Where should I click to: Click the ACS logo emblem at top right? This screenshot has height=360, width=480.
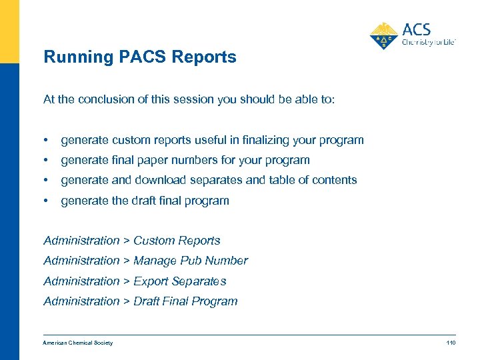[x=383, y=35]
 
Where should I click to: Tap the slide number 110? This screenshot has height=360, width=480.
[x=451, y=343]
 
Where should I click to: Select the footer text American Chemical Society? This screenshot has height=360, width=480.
[x=78, y=343]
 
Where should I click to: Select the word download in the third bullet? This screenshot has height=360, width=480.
[x=163, y=180]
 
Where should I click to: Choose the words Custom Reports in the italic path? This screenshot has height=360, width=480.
[x=177, y=241]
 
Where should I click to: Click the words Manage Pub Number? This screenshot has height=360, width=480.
[x=191, y=261]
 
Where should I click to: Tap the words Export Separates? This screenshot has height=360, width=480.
[x=180, y=281]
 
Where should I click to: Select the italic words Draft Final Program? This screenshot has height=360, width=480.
[x=185, y=301]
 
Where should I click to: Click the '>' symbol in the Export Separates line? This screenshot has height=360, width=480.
[x=127, y=281]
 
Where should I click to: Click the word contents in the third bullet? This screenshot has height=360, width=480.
[x=335, y=180]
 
